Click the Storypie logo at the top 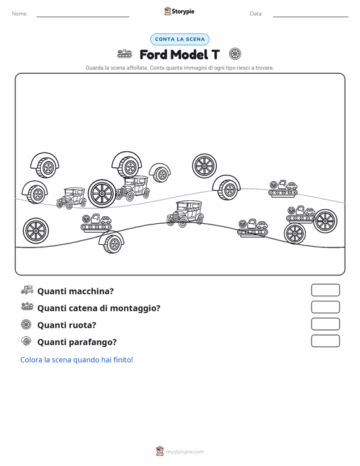tap(179, 11)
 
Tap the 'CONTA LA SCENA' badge tap(179, 39)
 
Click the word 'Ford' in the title tap(153, 55)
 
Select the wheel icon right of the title tap(235, 54)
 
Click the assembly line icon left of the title tap(125, 54)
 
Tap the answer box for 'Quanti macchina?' tap(325, 290)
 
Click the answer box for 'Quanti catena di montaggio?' tap(325, 307)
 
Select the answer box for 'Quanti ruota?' tap(325, 324)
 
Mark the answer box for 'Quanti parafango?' tap(325, 341)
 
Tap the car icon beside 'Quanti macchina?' tap(27, 290)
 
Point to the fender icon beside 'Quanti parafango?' tap(26, 341)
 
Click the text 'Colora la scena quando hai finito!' tap(76, 360)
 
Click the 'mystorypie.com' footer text tap(184, 452)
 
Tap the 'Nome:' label tap(20, 14)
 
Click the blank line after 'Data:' tap(310, 17)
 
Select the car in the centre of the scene tap(185, 214)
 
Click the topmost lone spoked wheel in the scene tap(204, 166)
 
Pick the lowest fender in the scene tap(112, 242)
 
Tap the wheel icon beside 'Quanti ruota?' tap(26, 324)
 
